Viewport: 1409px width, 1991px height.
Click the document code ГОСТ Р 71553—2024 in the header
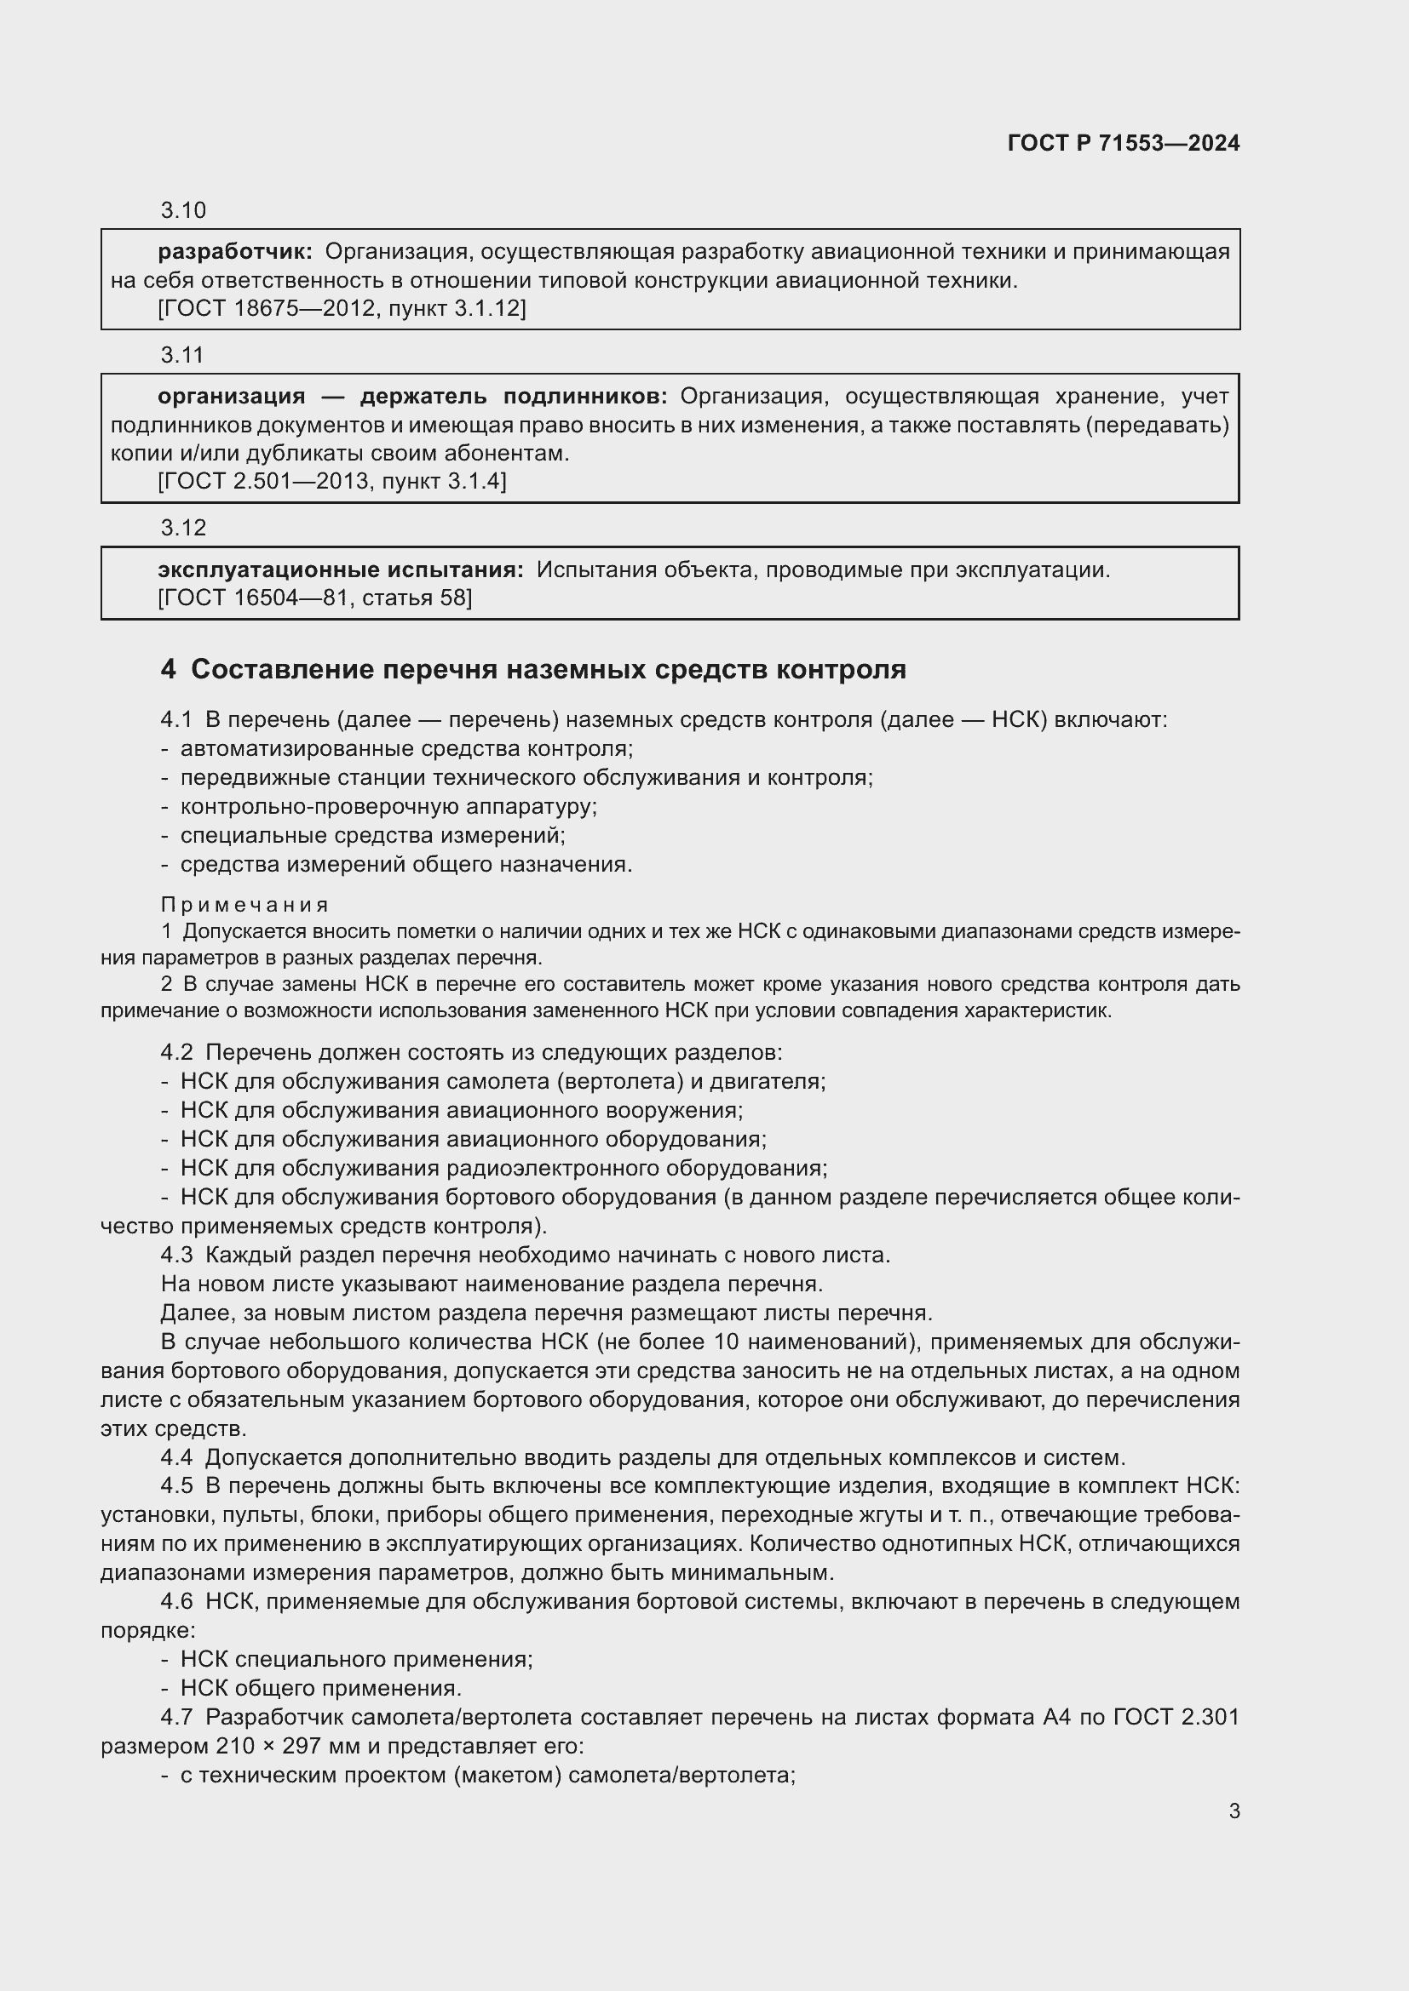[1123, 143]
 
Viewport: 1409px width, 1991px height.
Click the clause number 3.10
[183, 210]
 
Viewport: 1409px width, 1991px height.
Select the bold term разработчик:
[235, 251]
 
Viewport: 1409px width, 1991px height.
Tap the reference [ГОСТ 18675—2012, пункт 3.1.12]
[342, 308]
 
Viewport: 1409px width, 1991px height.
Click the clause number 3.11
[182, 355]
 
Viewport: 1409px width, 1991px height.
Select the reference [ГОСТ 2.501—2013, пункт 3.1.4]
[332, 480]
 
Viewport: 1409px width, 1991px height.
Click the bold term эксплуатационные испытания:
[340, 569]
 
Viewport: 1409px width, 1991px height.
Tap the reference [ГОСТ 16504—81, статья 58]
[315, 598]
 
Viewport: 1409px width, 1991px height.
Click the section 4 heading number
[169, 669]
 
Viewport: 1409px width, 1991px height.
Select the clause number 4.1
[176, 720]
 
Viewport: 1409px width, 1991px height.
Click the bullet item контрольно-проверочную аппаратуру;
[388, 806]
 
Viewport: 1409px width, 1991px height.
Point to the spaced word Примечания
[244, 906]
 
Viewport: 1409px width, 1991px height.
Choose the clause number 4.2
[176, 1053]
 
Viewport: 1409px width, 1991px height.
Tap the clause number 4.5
[176, 1485]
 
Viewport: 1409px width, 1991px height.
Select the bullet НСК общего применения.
[320, 1688]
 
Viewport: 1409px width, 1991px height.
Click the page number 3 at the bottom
[1234, 1811]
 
